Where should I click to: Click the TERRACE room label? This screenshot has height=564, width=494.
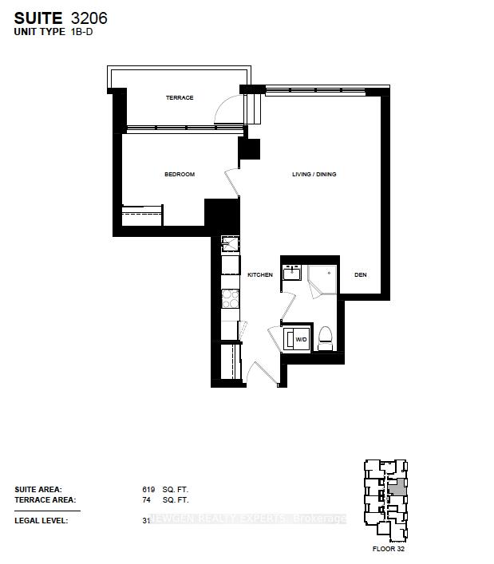[180, 98]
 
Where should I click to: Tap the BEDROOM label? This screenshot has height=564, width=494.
[180, 175]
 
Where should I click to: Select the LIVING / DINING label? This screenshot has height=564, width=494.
[314, 175]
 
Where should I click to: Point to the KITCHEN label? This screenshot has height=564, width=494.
[260, 274]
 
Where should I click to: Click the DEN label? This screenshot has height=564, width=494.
[361, 274]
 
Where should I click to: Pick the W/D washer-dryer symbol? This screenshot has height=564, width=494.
[296, 339]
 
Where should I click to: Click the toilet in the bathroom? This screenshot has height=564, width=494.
[326, 338]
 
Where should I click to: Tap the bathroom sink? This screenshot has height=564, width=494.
[292, 272]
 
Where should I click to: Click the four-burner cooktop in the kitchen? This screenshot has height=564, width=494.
[231, 299]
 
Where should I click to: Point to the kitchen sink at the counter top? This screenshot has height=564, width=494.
[231, 244]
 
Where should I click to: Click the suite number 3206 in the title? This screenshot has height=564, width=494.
[89, 18]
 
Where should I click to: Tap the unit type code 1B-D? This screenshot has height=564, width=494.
[81, 32]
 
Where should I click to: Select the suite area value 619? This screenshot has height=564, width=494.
[148, 490]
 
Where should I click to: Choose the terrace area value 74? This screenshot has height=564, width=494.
[146, 500]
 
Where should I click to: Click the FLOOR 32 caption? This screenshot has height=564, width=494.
[388, 549]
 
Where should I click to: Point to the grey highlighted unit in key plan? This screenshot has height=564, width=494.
[397, 487]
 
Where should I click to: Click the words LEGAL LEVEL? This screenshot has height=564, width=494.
[41, 520]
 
